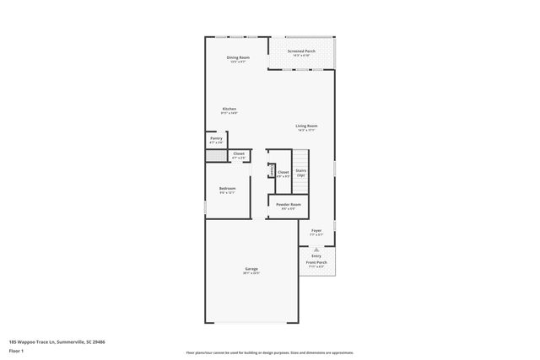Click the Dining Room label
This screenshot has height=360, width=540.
coord(237,57)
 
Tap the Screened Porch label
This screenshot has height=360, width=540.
coord(300,51)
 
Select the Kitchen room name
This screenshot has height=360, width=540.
coord(229,109)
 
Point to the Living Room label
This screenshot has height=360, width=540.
coord(306,126)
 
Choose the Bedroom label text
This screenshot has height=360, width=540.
coord(227,188)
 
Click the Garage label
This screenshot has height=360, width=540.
coord(251,269)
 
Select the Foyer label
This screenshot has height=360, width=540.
coord(316,230)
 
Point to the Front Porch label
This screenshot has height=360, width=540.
coord(316,262)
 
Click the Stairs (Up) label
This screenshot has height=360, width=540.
coord(300,172)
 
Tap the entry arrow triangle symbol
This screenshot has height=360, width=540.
coord(316,250)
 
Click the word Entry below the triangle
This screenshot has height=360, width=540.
coord(316,255)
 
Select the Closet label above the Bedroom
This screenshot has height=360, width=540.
coord(239,153)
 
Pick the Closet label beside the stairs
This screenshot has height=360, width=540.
coord(283,172)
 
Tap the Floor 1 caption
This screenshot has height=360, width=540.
coord(18,350)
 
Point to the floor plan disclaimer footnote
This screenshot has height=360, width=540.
coord(270,352)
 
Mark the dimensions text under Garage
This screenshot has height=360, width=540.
coord(251,273)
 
